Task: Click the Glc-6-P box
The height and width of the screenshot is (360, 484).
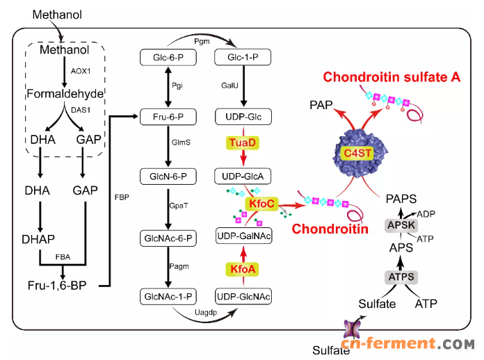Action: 166,57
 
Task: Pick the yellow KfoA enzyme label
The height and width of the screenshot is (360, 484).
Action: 243,268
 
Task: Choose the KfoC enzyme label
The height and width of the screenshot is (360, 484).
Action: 261,204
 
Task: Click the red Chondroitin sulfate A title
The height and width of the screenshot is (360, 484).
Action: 392,77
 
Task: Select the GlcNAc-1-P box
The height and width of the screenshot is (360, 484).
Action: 166,296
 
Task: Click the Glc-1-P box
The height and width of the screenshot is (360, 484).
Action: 243,57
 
